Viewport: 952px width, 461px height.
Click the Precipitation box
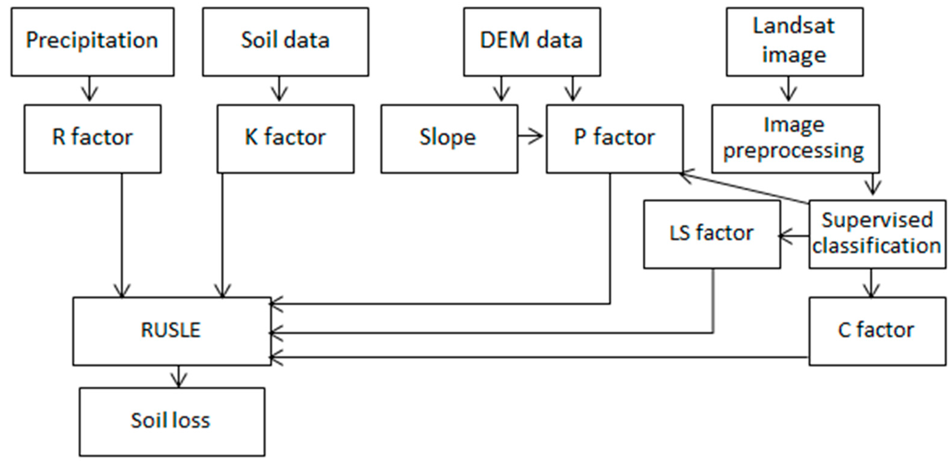[x=93, y=42]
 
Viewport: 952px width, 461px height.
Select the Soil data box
[x=285, y=42]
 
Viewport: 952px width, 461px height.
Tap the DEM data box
[x=532, y=42]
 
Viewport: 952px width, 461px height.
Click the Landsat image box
[x=794, y=42]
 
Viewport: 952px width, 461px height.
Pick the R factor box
[x=93, y=138]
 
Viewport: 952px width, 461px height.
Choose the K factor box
[x=285, y=138]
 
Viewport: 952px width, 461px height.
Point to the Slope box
[x=449, y=138]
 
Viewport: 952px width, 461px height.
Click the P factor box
[x=614, y=138]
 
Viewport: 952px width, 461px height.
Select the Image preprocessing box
[x=795, y=138]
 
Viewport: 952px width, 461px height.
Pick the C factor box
[x=877, y=331]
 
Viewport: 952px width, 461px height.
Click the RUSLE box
[x=172, y=331]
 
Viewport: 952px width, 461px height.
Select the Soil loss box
[x=172, y=421]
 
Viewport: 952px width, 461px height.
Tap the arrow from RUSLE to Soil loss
[x=179, y=376]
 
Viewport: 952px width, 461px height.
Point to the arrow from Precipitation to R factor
[x=89, y=89]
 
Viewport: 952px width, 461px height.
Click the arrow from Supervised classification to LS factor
[x=794, y=236]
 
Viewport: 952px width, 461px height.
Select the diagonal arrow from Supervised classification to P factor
[x=743, y=188]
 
